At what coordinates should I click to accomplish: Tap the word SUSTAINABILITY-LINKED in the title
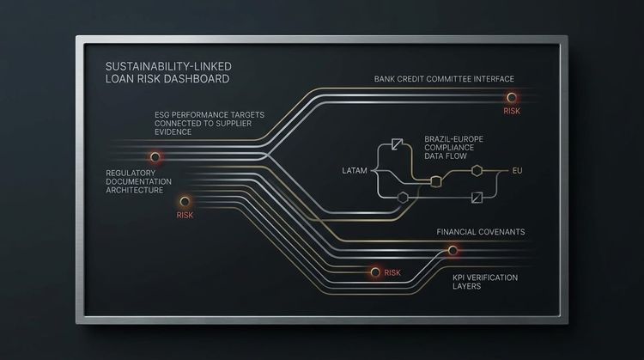pyautogui.click(x=168, y=66)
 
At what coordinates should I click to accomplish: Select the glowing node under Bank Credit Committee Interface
pyautogui.click(x=512, y=97)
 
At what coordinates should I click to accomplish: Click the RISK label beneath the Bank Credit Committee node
pyautogui.click(x=512, y=111)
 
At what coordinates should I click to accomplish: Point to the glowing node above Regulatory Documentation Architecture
pyautogui.click(x=155, y=156)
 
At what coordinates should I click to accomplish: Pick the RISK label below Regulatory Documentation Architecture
pyautogui.click(x=185, y=215)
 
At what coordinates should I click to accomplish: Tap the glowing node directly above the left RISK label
pyautogui.click(x=185, y=201)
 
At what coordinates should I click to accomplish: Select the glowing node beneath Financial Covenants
pyautogui.click(x=453, y=250)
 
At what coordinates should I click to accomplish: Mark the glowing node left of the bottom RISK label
pyautogui.click(x=375, y=272)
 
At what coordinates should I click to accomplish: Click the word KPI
pyautogui.click(x=459, y=278)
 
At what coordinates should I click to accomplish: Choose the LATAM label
pyautogui.click(x=355, y=170)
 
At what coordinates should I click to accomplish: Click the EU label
pyautogui.click(x=517, y=170)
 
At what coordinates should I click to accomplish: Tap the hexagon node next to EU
pyautogui.click(x=477, y=170)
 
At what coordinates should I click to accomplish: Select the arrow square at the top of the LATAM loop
pyautogui.click(x=398, y=144)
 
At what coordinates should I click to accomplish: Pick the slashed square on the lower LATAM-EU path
pyautogui.click(x=477, y=198)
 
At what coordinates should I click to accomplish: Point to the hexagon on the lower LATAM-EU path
pyautogui.click(x=403, y=198)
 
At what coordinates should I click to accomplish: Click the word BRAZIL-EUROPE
pyautogui.click(x=454, y=139)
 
